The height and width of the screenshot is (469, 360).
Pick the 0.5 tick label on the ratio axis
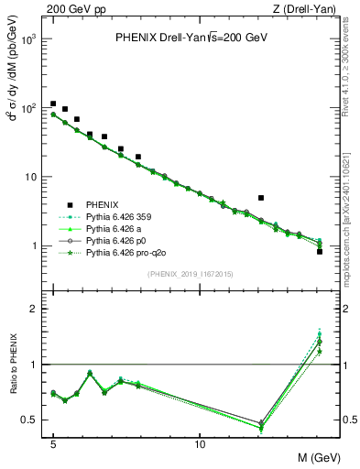[30, 420]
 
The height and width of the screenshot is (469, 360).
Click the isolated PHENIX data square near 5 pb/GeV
[261, 198]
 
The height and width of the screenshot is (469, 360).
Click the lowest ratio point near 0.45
[261, 426]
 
